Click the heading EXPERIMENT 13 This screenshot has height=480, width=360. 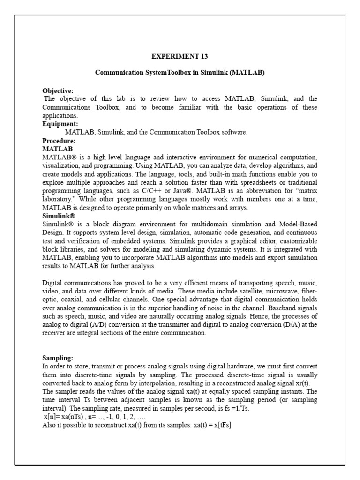180,56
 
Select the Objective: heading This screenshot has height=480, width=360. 58,90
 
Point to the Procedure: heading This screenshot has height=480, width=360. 59,141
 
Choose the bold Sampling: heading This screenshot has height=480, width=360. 58,357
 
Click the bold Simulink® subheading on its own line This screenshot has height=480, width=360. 59,216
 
